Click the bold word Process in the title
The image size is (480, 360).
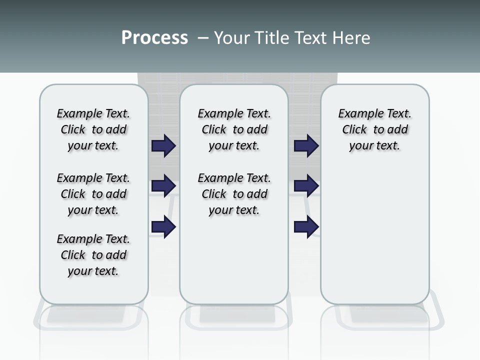coord(154,37)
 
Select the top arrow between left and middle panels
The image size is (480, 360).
coord(163,145)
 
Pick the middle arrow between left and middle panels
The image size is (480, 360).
coord(163,185)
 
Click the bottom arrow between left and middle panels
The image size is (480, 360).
coord(163,227)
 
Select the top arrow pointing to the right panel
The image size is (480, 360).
coord(306,145)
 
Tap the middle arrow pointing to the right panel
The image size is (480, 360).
coord(306,185)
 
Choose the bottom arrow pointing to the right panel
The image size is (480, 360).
coord(306,227)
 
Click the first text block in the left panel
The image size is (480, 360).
coord(93,129)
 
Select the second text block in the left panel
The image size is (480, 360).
coord(93,194)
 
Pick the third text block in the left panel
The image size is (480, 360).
coord(93,255)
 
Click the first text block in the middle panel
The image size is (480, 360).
coord(234,129)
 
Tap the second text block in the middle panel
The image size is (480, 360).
coord(234,194)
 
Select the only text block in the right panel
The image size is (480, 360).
coord(374,129)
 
